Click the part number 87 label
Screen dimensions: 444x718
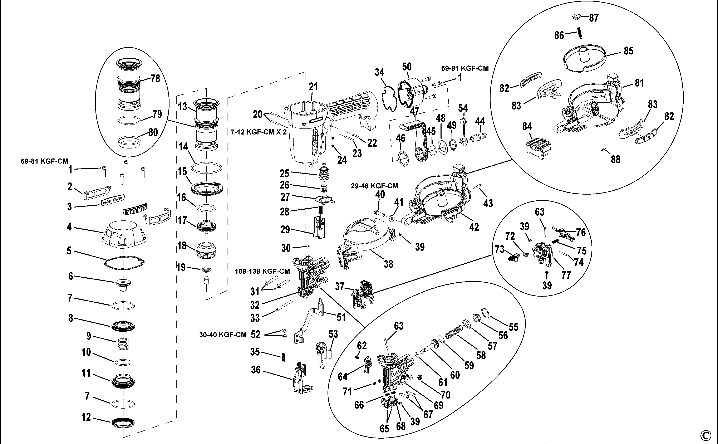[594, 18]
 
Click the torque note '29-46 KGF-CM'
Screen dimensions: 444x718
[375, 186]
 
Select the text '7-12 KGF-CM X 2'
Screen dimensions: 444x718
[258, 132]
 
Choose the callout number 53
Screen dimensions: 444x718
[333, 334]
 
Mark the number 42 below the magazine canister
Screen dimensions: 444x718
[474, 227]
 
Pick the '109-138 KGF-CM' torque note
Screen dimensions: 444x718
[262, 271]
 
